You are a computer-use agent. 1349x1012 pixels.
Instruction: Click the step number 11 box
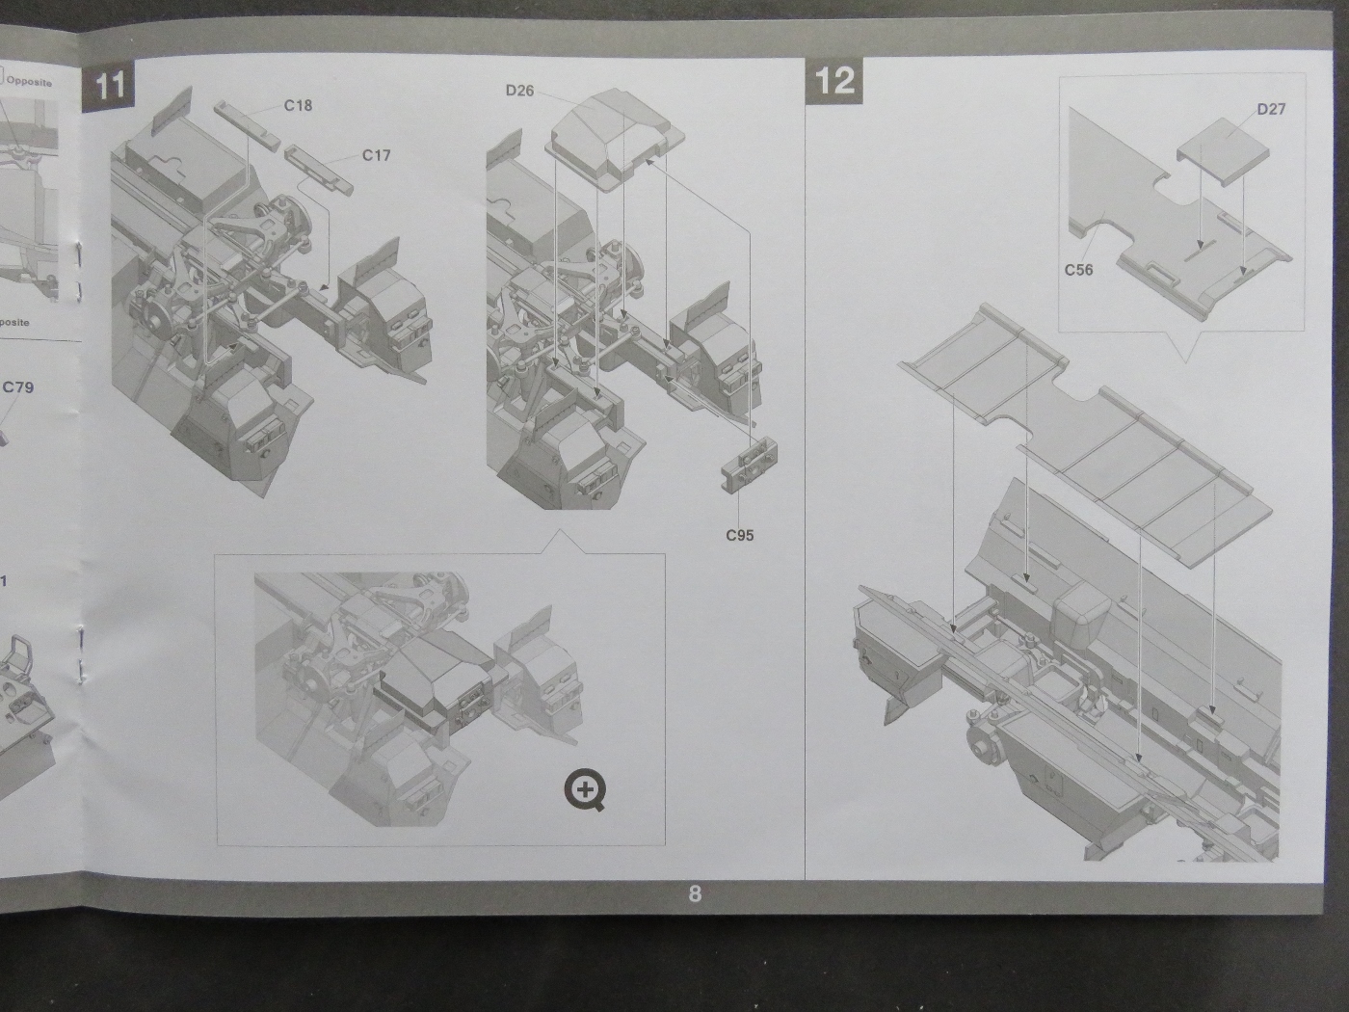click(x=109, y=85)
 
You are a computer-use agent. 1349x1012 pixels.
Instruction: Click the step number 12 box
click(x=834, y=80)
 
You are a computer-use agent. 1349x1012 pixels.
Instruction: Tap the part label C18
click(x=298, y=105)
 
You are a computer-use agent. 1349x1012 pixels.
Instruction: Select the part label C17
click(x=376, y=155)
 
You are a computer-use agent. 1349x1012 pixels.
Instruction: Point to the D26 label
click(x=519, y=91)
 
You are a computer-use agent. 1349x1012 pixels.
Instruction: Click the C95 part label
click(x=740, y=535)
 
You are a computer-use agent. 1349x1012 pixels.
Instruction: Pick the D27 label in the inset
click(x=1271, y=109)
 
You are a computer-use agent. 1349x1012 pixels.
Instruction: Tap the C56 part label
click(x=1078, y=270)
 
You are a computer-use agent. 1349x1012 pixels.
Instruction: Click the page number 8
click(x=695, y=894)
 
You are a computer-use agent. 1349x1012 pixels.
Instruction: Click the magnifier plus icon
click(x=585, y=790)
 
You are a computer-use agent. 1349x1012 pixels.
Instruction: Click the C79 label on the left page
click(x=17, y=387)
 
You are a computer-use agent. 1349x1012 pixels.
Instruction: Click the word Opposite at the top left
click(x=29, y=82)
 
